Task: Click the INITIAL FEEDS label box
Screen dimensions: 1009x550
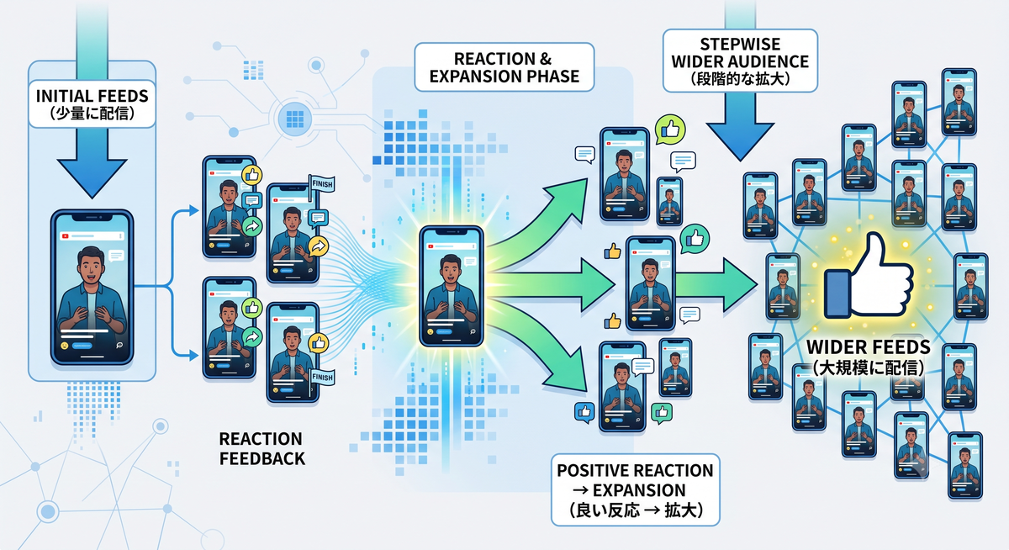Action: tap(92, 104)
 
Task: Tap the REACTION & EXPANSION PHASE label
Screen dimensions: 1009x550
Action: tap(504, 67)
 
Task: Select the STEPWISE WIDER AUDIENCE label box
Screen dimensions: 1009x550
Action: tap(740, 61)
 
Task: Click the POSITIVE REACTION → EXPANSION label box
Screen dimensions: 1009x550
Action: tap(635, 490)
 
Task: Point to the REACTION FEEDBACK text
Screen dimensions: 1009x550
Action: tap(261, 448)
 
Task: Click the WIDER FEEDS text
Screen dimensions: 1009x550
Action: tap(868, 347)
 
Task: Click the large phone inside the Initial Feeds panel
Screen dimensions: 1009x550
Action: tap(92, 287)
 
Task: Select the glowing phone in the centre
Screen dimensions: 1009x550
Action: tap(452, 287)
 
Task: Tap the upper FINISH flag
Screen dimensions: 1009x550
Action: tap(321, 184)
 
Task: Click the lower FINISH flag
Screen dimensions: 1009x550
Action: tap(321, 378)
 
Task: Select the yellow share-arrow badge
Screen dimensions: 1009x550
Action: tap(319, 246)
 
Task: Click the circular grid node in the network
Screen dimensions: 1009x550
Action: tap(295, 119)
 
